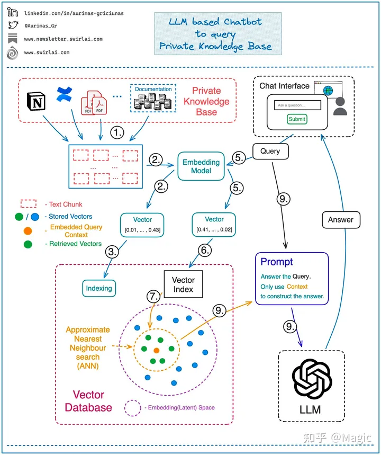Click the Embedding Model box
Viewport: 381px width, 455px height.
pyautogui.click(x=201, y=166)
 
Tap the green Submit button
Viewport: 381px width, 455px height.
pyautogui.click(x=297, y=119)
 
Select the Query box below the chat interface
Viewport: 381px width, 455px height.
pyautogui.click(x=270, y=151)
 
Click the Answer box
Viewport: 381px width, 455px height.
pyautogui.click(x=341, y=219)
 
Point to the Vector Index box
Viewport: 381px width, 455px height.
pyautogui.click(x=183, y=284)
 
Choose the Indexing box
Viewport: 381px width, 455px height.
pyautogui.click(x=99, y=289)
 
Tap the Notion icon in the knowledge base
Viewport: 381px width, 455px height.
pyautogui.click(x=37, y=101)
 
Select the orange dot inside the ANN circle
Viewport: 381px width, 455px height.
pyautogui.click(x=156, y=351)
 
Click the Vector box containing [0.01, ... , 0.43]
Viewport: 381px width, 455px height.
pyautogui.click(x=142, y=224)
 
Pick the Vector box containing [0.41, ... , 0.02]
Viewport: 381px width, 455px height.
pyautogui.click(x=214, y=224)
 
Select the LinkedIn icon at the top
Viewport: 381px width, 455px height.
pyautogui.click(x=12, y=13)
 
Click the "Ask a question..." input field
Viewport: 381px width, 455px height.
pyautogui.click(x=298, y=105)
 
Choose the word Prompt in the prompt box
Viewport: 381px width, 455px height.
pyautogui.click(x=276, y=262)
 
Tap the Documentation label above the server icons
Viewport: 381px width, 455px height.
pyautogui.click(x=153, y=89)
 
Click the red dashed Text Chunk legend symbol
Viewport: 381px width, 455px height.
pyautogui.click(x=28, y=204)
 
